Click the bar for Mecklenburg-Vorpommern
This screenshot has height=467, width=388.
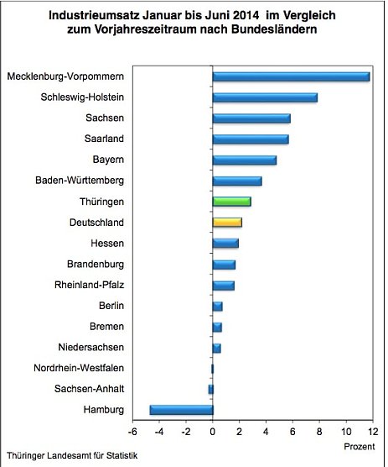coord(291,77)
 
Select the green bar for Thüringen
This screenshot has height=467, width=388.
coord(231,202)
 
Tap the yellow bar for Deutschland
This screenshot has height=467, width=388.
coord(227,223)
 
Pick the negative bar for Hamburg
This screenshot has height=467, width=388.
coord(181,410)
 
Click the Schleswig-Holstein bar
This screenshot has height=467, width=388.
coord(265,97)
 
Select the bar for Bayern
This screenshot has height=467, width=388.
coord(244,160)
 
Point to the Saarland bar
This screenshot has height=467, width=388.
coord(251,139)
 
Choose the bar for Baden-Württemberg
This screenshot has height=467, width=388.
coord(237,181)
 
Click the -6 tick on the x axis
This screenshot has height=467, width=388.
coord(132,433)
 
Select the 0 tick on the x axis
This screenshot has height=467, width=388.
coord(213,433)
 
